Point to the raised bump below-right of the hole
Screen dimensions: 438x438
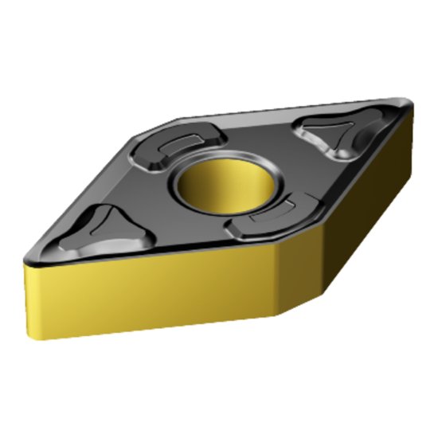tap(264, 217)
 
